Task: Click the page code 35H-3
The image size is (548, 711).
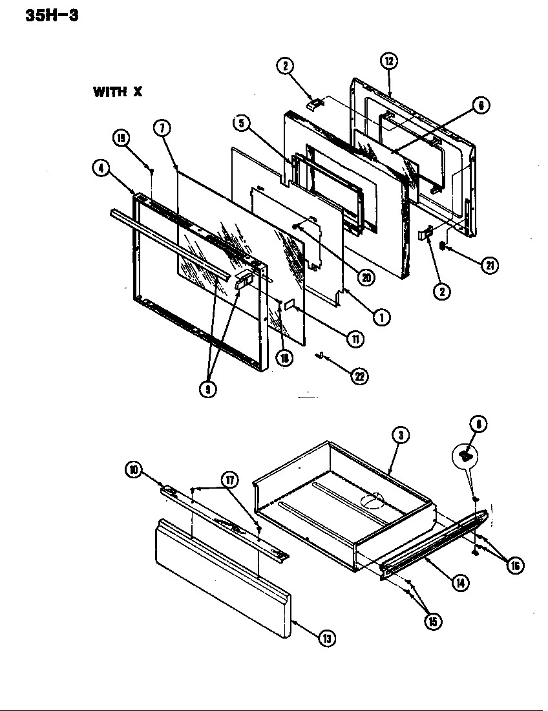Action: click(x=52, y=14)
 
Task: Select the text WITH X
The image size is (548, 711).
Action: click(x=117, y=92)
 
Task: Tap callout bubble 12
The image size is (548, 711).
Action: click(x=388, y=62)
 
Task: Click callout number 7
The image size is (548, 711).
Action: click(x=161, y=127)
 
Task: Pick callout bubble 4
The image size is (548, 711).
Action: click(x=100, y=167)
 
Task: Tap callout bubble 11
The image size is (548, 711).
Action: click(x=354, y=337)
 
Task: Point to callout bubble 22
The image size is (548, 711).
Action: click(x=359, y=377)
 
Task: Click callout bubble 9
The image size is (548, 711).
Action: click(x=208, y=389)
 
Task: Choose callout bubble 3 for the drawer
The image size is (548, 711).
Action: click(x=401, y=436)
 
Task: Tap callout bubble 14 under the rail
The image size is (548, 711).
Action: click(x=460, y=583)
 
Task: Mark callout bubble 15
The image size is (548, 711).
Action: click(x=432, y=621)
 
